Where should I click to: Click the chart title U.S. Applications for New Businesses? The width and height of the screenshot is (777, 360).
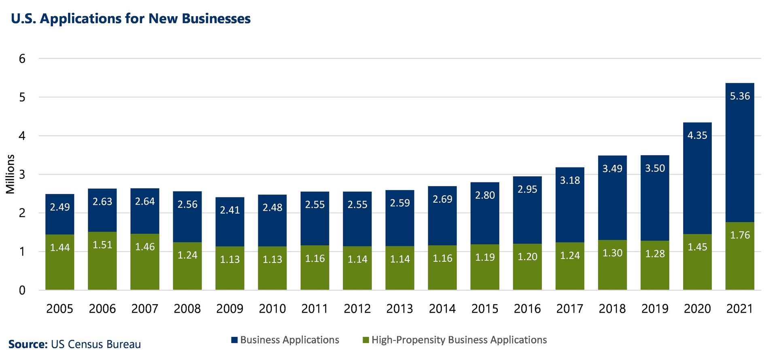131,19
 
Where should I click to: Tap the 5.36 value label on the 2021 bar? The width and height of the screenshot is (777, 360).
740,96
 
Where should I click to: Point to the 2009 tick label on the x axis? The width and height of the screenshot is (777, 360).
230,309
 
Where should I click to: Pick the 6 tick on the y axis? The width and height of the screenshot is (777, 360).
22,59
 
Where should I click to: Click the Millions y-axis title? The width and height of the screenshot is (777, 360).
11,174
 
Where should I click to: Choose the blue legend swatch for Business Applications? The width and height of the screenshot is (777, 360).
234,340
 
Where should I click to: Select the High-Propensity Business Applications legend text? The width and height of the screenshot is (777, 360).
459,340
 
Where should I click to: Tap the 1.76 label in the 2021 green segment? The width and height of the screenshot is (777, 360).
740,235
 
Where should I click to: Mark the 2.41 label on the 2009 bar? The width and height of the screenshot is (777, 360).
230,210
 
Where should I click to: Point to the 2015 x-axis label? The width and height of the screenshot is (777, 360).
485,309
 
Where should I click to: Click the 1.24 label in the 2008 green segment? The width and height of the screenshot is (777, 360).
187,255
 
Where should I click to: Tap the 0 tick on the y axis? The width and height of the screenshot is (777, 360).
22,290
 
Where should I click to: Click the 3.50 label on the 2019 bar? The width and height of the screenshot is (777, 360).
655,168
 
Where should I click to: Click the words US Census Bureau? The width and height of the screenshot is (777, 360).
96,344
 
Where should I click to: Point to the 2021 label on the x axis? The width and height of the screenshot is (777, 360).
740,309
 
